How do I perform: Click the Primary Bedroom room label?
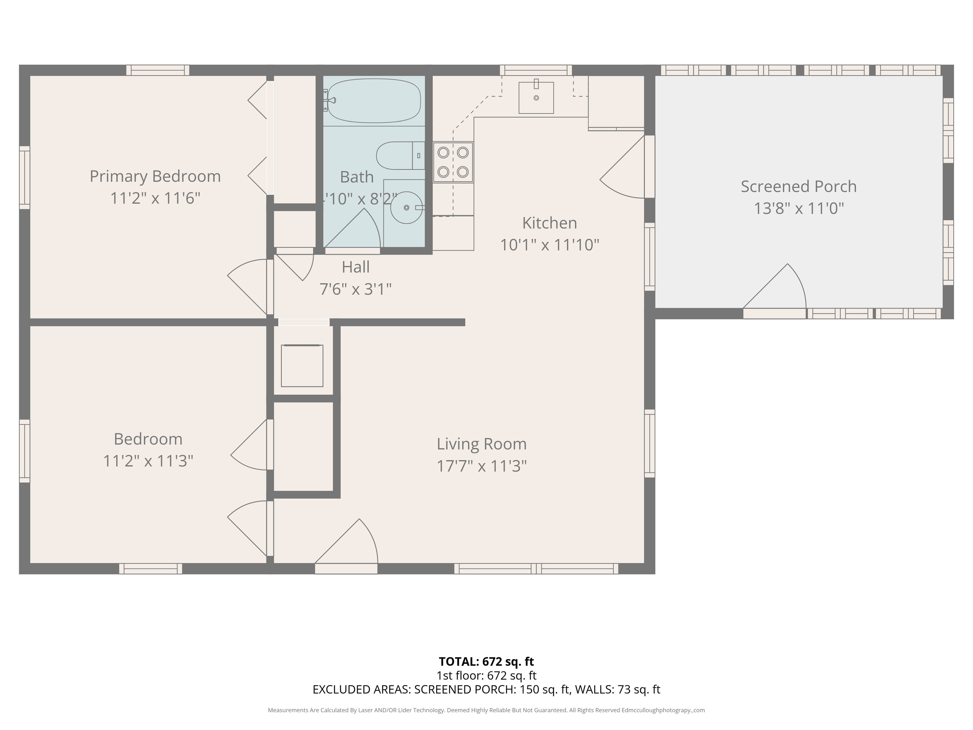point(155,176)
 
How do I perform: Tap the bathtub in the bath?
point(374,101)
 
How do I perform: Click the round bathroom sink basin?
point(406,207)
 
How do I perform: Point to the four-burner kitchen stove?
point(453,162)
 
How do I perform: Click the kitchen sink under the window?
point(536,98)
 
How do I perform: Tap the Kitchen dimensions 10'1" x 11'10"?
point(550,245)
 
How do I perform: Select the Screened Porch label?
point(798,187)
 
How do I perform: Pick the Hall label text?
point(355,267)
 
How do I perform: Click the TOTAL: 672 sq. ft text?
point(486,661)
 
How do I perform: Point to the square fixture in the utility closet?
point(302,366)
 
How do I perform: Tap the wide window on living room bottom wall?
point(536,568)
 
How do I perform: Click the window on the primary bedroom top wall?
point(157,70)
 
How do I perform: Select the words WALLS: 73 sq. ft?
point(618,689)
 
